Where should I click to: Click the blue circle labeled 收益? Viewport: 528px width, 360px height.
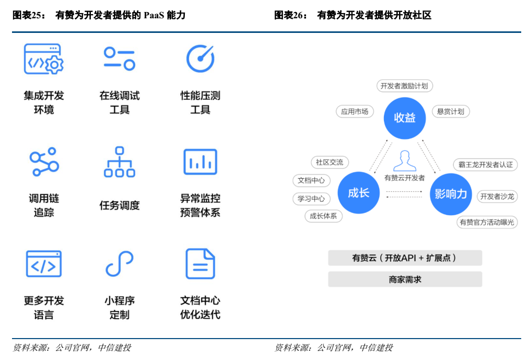tap(405, 118)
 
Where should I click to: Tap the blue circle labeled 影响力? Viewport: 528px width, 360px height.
tap(451, 194)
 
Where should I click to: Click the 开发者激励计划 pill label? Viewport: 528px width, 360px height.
tap(405, 86)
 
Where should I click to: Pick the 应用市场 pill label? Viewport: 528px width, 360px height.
tap(355, 111)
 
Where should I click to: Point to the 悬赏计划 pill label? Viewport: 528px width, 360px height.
tap(450, 111)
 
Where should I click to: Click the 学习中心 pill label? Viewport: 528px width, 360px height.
tap(311, 199)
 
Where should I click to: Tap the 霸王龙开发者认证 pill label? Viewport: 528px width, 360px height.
tap(486, 165)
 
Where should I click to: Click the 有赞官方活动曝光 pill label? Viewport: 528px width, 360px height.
tap(486, 222)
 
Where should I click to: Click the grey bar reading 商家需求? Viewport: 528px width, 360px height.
tap(405, 280)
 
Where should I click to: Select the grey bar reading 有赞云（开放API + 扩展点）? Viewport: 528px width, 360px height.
tap(405, 258)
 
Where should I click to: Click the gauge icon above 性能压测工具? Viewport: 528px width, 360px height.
tap(200, 59)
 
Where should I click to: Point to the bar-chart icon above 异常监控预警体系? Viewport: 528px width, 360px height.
tap(200, 161)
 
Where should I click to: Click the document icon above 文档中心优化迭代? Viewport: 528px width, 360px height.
tap(200, 264)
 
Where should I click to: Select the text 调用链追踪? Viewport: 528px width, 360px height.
tap(44, 205)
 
